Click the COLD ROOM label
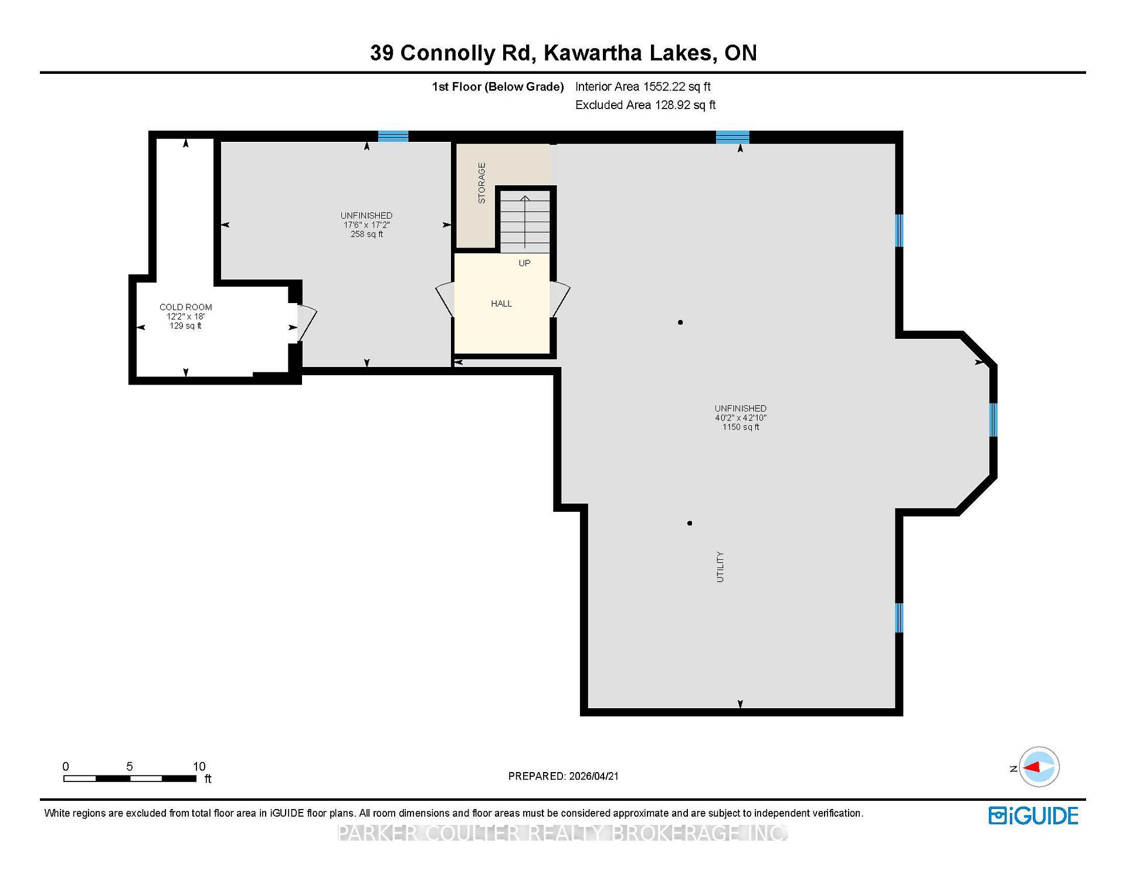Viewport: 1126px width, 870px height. [185, 307]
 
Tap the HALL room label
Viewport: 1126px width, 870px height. [501, 304]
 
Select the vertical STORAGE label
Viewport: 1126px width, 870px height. [482, 183]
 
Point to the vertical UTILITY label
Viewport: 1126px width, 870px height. [720, 567]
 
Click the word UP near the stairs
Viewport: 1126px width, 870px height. [524, 263]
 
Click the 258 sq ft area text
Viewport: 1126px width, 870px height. [367, 235]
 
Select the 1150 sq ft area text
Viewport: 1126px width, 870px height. [741, 427]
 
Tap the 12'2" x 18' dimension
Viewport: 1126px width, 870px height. [185, 317]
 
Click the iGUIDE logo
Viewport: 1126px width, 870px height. [1033, 816]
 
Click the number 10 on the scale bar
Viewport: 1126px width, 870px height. [199, 766]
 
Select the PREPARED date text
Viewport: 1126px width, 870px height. [563, 776]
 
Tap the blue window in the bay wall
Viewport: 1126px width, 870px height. [993, 420]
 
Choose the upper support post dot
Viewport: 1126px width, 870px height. [680, 322]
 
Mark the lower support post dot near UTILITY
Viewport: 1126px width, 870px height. [690, 523]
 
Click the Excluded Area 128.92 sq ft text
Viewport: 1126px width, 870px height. [645, 105]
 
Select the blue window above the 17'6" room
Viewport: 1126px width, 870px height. [393, 136]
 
